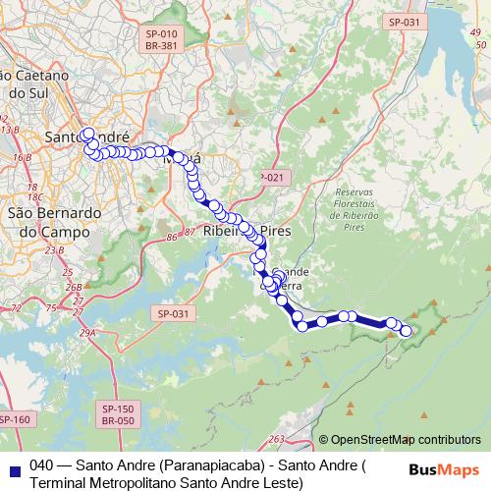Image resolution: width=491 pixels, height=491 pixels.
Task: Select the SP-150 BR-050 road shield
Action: [x=118, y=413]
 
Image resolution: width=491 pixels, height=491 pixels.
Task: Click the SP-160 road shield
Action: [x=15, y=420]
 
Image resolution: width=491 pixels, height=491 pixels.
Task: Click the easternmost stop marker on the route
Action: [x=407, y=332]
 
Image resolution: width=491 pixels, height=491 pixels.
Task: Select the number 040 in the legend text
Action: [x=41, y=465]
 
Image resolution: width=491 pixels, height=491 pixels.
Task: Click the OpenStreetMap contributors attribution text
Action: [x=406, y=440]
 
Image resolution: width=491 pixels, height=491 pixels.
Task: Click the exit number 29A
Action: [x=88, y=334]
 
